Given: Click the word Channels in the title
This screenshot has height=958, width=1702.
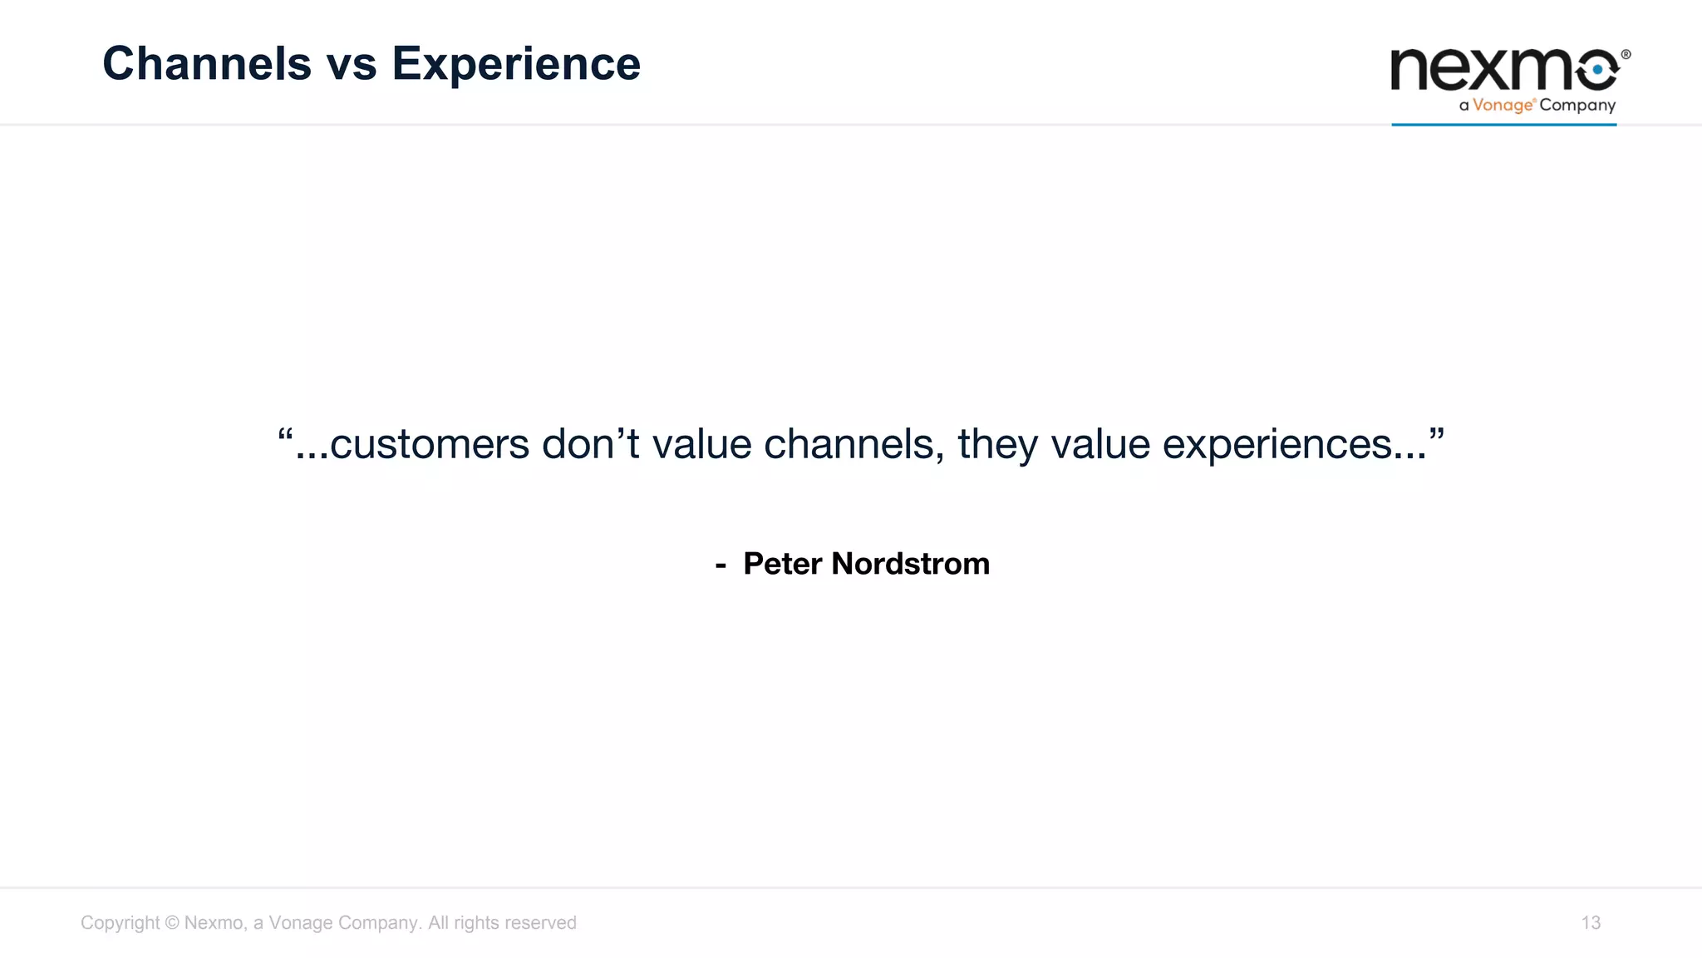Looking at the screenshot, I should click(206, 64).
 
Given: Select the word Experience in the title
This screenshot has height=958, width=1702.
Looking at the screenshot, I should click(516, 64).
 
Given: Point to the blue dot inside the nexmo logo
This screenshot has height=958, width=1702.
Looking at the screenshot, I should click(1597, 71).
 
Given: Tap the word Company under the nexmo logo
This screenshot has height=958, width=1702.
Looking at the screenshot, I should click(1577, 106).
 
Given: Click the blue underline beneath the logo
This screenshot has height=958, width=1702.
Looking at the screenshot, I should click(1503, 125).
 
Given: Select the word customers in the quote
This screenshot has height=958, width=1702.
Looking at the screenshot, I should click(429, 445).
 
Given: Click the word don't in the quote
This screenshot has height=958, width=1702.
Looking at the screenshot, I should click(591, 443).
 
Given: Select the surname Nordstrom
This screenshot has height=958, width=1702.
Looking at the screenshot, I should click(910, 564).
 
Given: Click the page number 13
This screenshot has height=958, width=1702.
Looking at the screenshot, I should click(1591, 923).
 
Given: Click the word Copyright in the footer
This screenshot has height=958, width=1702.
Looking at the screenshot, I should click(120, 923).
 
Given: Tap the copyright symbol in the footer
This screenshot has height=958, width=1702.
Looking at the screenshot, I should click(172, 923).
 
